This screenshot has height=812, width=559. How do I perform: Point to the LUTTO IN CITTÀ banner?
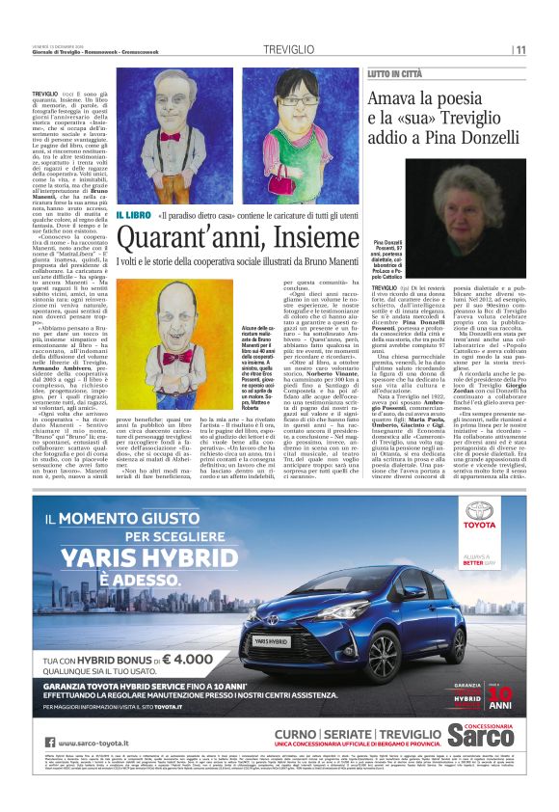coord(399,73)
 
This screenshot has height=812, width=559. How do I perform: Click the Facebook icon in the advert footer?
coord(40,742)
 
